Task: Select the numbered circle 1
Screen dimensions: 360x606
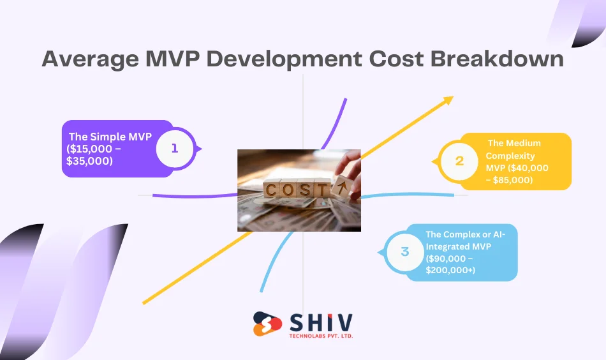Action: click(175, 148)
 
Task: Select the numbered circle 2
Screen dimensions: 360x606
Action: click(459, 161)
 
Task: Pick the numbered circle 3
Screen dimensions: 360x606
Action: click(404, 251)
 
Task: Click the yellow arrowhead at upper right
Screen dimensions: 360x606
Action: click(448, 100)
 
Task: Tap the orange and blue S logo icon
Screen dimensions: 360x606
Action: click(267, 324)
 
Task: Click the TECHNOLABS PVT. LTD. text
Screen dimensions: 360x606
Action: click(321, 336)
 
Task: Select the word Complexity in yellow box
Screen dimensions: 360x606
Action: click(510, 156)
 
